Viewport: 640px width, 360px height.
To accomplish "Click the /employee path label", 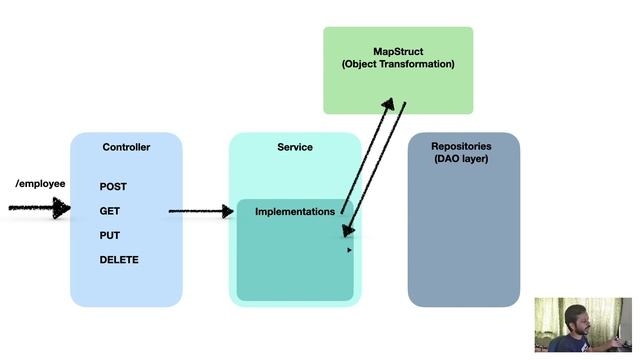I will (x=41, y=184).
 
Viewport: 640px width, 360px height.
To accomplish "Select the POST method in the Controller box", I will (x=113, y=187).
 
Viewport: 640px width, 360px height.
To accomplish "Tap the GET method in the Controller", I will (x=110, y=211).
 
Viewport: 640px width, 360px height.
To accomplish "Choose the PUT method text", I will (x=110, y=236).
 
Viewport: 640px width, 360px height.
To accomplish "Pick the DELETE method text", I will (x=119, y=260).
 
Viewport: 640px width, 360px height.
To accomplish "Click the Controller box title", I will (x=126, y=147).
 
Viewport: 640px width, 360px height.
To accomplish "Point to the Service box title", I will (x=295, y=147).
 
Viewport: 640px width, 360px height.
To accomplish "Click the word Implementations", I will (x=295, y=212).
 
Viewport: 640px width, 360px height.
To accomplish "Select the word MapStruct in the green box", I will (x=398, y=49).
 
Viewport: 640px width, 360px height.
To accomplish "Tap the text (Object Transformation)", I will (x=398, y=64).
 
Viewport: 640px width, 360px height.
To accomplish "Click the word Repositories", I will (x=463, y=146).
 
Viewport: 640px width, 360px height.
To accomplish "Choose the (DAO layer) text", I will (x=463, y=159).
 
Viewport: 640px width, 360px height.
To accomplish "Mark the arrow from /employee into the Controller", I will (x=40, y=208).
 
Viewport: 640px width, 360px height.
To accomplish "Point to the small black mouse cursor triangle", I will (x=349, y=250).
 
